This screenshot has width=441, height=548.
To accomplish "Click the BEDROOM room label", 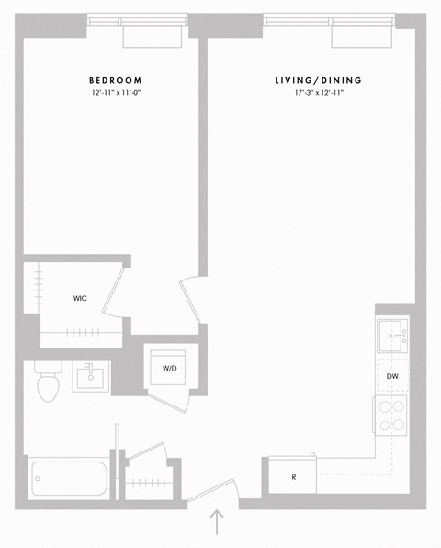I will pyautogui.click(x=116, y=81).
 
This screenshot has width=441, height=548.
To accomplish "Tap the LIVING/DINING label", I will pyautogui.click(x=318, y=81).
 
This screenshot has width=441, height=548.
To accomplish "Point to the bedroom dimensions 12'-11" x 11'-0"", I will pyautogui.click(x=116, y=94).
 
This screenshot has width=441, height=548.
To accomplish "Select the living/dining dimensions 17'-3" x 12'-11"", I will pyautogui.click(x=318, y=94).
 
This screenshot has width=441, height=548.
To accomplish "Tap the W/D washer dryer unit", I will pyautogui.click(x=170, y=368).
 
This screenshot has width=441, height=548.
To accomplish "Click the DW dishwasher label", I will pyautogui.click(x=392, y=377).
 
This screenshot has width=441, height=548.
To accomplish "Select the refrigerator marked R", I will pyautogui.click(x=292, y=478).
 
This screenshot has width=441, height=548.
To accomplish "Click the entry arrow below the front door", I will pyautogui.click(x=217, y=521).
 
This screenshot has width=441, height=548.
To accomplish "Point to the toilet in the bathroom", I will pyautogui.click(x=46, y=381).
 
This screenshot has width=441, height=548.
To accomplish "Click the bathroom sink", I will pyautogui.click(x=92, y=375).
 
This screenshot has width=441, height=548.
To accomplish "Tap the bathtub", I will pyautogui.click(x=69, y=477).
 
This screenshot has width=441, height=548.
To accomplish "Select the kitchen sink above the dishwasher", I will pyautogui.click(x=393, y=337).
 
